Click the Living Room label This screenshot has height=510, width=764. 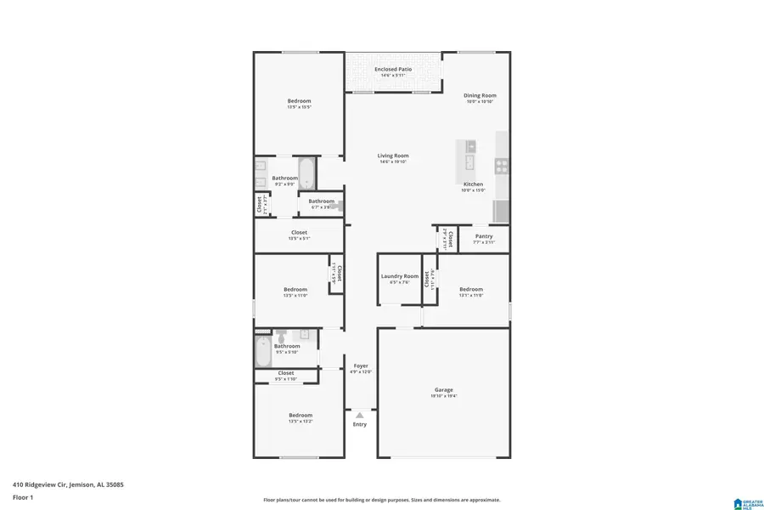[x=393, y=156]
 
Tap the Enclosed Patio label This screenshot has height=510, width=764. [x=393, y=69]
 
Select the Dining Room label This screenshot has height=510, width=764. [x=480, y=95]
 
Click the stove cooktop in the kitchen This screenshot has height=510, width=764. [x=502, y=165]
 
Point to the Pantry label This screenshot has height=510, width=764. [x=484, y=236]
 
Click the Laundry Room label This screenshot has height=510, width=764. [x=399, y=275]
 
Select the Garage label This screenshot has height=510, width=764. [x=444, y=389]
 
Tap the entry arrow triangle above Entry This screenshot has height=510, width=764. [x=360, y=415]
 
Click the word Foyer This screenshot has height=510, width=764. [x=361, y=365]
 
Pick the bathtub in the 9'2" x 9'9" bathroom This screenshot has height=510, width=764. [x=306, y=173]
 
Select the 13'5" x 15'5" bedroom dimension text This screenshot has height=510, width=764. [x=299, y=107]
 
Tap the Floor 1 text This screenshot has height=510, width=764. [x=22, y=496]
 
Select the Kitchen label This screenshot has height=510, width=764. [x=473, y=184]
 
